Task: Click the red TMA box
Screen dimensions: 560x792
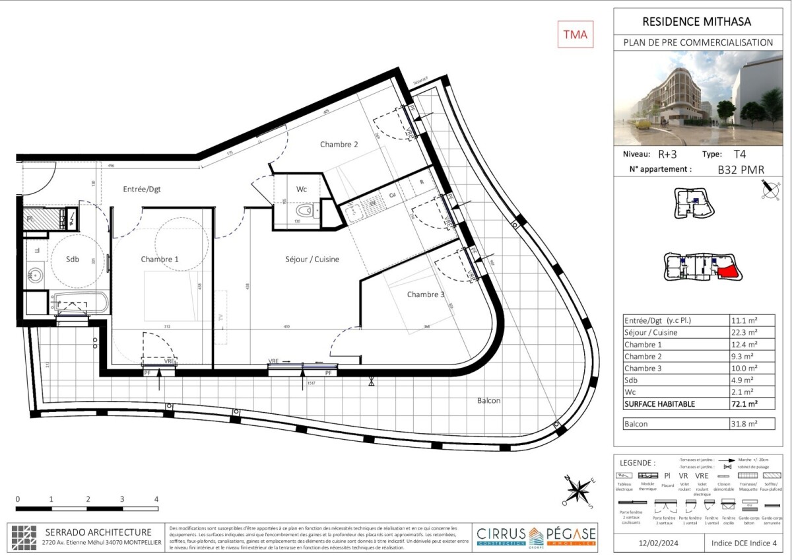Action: pos(575,34)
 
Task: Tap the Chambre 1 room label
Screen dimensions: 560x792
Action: pos(160,260)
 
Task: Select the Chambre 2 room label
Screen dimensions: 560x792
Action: pos(339,144)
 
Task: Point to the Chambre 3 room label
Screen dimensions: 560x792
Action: pos(425,295)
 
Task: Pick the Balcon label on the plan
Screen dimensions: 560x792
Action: pos(488,401)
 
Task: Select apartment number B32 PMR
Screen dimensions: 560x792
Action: pos(741,170)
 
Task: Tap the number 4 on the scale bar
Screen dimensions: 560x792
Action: pos(156,499)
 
